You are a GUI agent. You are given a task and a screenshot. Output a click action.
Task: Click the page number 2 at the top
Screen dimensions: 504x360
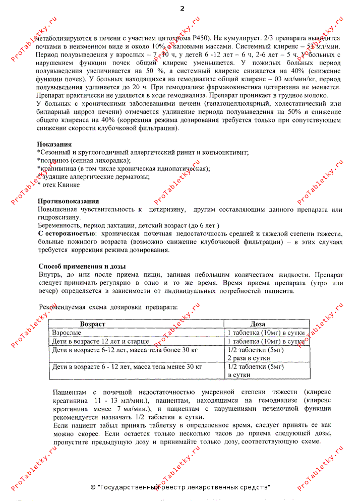(182, 9)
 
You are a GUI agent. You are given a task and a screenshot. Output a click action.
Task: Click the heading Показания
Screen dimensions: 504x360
(54, 144)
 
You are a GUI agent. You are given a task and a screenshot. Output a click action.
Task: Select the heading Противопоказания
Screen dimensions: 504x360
(68, 201)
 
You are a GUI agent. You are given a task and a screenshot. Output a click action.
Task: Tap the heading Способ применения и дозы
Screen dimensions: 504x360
(82, 266)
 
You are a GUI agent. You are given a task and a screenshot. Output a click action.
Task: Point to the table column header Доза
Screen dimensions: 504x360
(258, 324)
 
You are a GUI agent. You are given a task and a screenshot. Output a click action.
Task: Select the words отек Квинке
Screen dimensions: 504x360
(61, 185)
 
